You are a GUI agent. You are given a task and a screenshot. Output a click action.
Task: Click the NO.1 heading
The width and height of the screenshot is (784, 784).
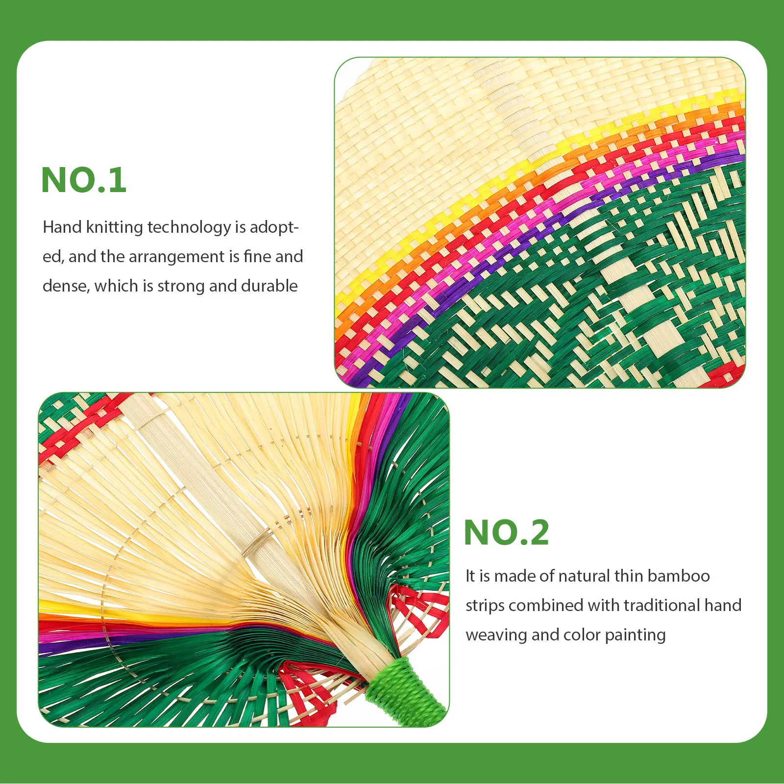[x=84, y=180]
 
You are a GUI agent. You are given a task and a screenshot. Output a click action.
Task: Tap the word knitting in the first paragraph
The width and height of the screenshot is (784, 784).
[x=114, y=227]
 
